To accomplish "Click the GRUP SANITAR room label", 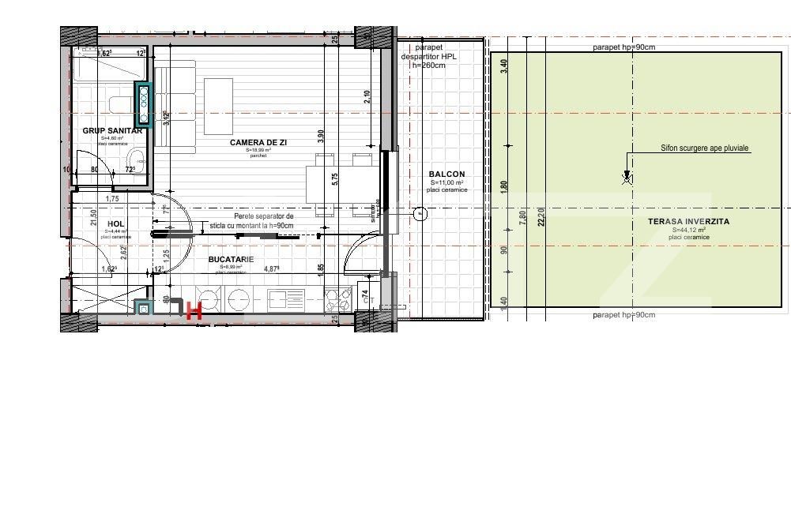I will click(x=112, y=131).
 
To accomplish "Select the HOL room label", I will click(x=116, y=224).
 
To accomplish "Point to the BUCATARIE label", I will click(x=231, y=259).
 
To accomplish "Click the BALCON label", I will click(x=446, y=174).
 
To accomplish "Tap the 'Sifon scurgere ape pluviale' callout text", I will click(x=705, y=148).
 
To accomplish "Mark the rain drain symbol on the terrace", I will click(x=627, y=178).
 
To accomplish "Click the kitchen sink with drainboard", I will click(x=285, y=298).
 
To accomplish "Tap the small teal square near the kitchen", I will click(x=142, y=309).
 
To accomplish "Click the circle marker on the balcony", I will click(x=420, y=213).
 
